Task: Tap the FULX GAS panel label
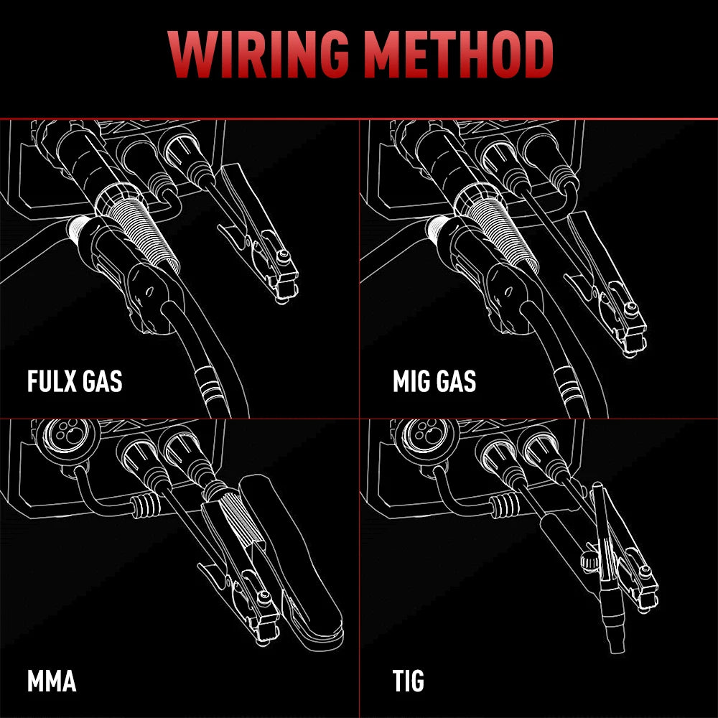tap(75, 381)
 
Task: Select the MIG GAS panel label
tap(434, 381)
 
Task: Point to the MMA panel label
tap(52, 681)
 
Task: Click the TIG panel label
tap(408, 681)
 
